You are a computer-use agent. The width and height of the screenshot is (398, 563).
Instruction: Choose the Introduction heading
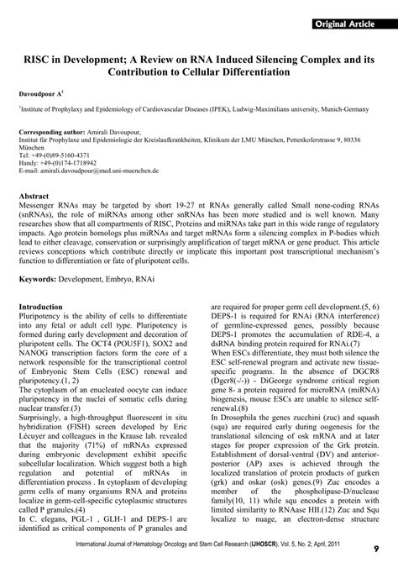pos(47,307)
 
